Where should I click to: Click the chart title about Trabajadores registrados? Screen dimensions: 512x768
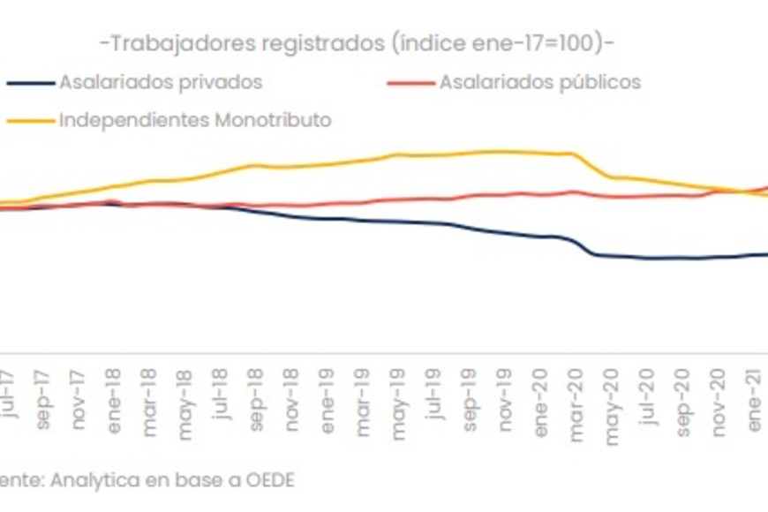tap(358, 42)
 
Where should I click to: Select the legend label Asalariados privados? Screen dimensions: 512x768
tap(161, 83)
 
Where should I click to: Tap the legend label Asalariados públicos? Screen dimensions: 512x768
tap(540, 83)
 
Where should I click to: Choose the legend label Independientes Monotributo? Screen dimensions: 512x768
tap(195, 120)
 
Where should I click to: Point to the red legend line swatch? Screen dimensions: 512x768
tap(410, 84)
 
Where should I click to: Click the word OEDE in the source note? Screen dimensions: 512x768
tap(272, 480)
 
